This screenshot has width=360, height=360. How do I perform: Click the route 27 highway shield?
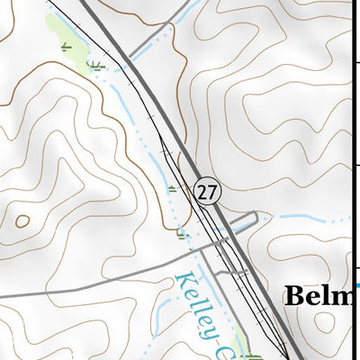[207, 192]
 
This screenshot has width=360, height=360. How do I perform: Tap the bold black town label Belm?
[322, 297]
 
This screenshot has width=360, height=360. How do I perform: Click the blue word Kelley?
[197, 305]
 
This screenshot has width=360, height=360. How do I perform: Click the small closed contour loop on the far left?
[22, 219]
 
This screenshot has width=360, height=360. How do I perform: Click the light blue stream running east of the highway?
[306, 218]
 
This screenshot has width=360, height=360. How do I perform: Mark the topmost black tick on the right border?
[356, 61]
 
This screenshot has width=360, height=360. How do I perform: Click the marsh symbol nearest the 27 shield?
[172, 188]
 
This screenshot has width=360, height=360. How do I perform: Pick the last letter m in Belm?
[348, 297]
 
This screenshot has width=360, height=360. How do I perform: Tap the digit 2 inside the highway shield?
[202, 192]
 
